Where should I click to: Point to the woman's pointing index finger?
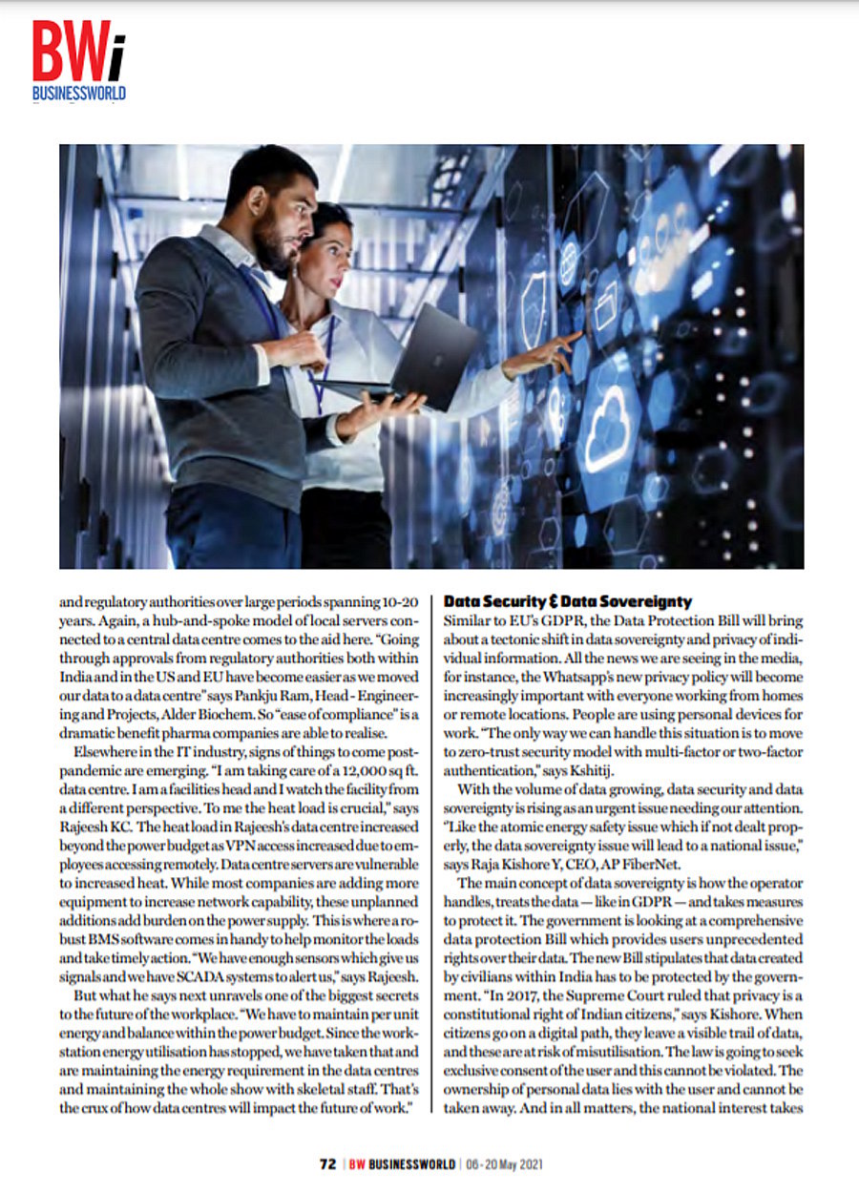point(575,336)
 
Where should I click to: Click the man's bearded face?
point(283,223)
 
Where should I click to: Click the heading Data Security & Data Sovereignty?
point(568,602)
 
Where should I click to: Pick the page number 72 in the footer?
point(327,1164)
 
